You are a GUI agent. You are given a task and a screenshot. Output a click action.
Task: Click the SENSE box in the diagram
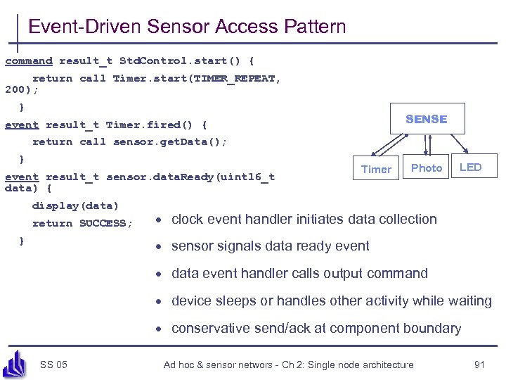(x=426, y=119)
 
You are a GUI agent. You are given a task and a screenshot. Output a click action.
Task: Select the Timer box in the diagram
(x=376, y=169)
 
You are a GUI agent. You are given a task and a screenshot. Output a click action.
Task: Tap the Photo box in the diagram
(x=427, y=167)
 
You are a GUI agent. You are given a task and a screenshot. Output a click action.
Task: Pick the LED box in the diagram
(x=470, y=167)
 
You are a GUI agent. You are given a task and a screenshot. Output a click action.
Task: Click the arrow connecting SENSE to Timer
(x=386, y=146)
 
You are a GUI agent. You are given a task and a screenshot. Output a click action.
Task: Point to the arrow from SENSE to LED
(x=460, y=146)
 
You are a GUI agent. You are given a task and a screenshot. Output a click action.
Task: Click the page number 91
(x=480, y=365)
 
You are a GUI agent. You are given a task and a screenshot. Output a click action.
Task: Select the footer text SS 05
(x=54, y=365)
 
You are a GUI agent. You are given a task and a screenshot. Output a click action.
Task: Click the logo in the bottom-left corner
(x=15, y=362)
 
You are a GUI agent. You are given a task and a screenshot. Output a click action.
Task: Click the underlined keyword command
(x=29, y=61)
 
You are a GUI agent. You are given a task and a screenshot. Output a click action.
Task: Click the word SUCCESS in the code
(x=103, y=224)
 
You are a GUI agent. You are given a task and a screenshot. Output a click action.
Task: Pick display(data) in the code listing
(x=75, y=206)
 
